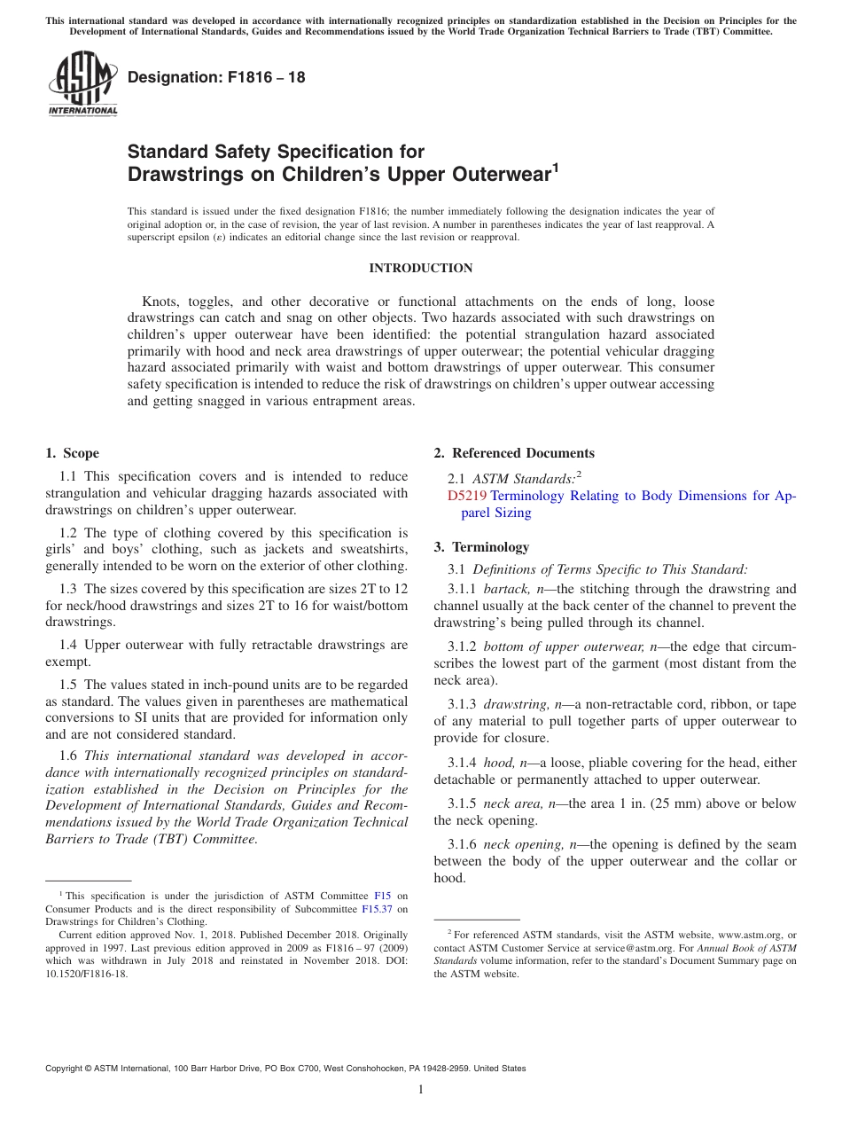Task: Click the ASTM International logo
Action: (x=82, y=84)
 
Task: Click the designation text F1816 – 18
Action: (x=216, y=78)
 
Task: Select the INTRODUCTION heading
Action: (x=420, y=269)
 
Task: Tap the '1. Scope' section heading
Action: (x=72, y=453)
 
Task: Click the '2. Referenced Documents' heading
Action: (x=514, y=453)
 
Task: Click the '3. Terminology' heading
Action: (x=481, y=547)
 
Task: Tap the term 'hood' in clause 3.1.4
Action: (x=498, y=763)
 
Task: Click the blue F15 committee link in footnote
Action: (x=383, y=897)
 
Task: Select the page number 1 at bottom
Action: (x=421, y=1090)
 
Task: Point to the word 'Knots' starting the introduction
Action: (x=160, y=302)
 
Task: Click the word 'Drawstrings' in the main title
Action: (x=189, y=175)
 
